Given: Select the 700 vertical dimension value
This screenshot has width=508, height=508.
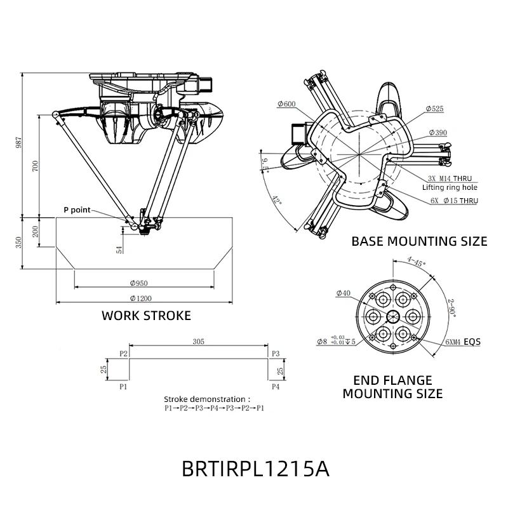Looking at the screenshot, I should (x=36, y=166).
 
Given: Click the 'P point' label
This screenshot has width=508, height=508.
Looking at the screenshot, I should (x=77, y=210).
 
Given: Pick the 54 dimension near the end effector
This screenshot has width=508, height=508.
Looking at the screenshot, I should (x=119, y=249).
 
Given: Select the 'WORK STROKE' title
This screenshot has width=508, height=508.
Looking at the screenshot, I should (x=146, y=316).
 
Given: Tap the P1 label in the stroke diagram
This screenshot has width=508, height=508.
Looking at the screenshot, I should (x=123, y=385).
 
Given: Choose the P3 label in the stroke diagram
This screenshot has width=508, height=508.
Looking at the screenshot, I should (x=276, y=353).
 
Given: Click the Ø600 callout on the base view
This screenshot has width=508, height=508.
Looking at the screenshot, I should (x=286, y=104).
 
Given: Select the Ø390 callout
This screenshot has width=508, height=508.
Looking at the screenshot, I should (x=438, y=132).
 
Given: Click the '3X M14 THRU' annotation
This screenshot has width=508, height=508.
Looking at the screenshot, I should (x=449, y=178).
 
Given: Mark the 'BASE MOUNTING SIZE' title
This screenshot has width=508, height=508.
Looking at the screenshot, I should (x=419, y=241).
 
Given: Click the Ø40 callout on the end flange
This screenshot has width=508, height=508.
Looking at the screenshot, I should (x=343, y=293).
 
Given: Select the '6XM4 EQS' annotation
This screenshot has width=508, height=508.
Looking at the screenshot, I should (x=462, y=342).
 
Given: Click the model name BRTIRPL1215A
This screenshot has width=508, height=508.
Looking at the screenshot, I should (x=255, y=469).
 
